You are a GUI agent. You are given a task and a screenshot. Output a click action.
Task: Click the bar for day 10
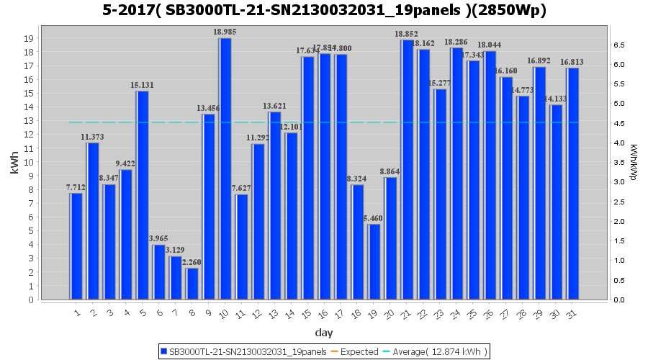(225, 168)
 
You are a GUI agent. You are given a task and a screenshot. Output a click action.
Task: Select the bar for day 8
(192, 284)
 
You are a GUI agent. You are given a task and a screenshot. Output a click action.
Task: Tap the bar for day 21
(408, 170)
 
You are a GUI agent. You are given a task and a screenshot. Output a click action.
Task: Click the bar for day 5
(142, 195)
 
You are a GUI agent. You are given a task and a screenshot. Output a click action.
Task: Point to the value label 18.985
(225, 32)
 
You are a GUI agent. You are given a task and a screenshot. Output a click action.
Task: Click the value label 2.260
(192, 262)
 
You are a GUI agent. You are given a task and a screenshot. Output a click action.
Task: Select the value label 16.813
(573, 62)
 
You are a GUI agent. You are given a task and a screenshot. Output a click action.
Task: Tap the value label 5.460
(374, 218)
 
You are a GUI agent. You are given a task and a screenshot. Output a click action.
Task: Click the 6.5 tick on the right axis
(618, 45)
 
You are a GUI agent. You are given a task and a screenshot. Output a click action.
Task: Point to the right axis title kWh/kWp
(634, 162)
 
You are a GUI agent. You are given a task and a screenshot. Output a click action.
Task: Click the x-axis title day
(324, 333)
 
